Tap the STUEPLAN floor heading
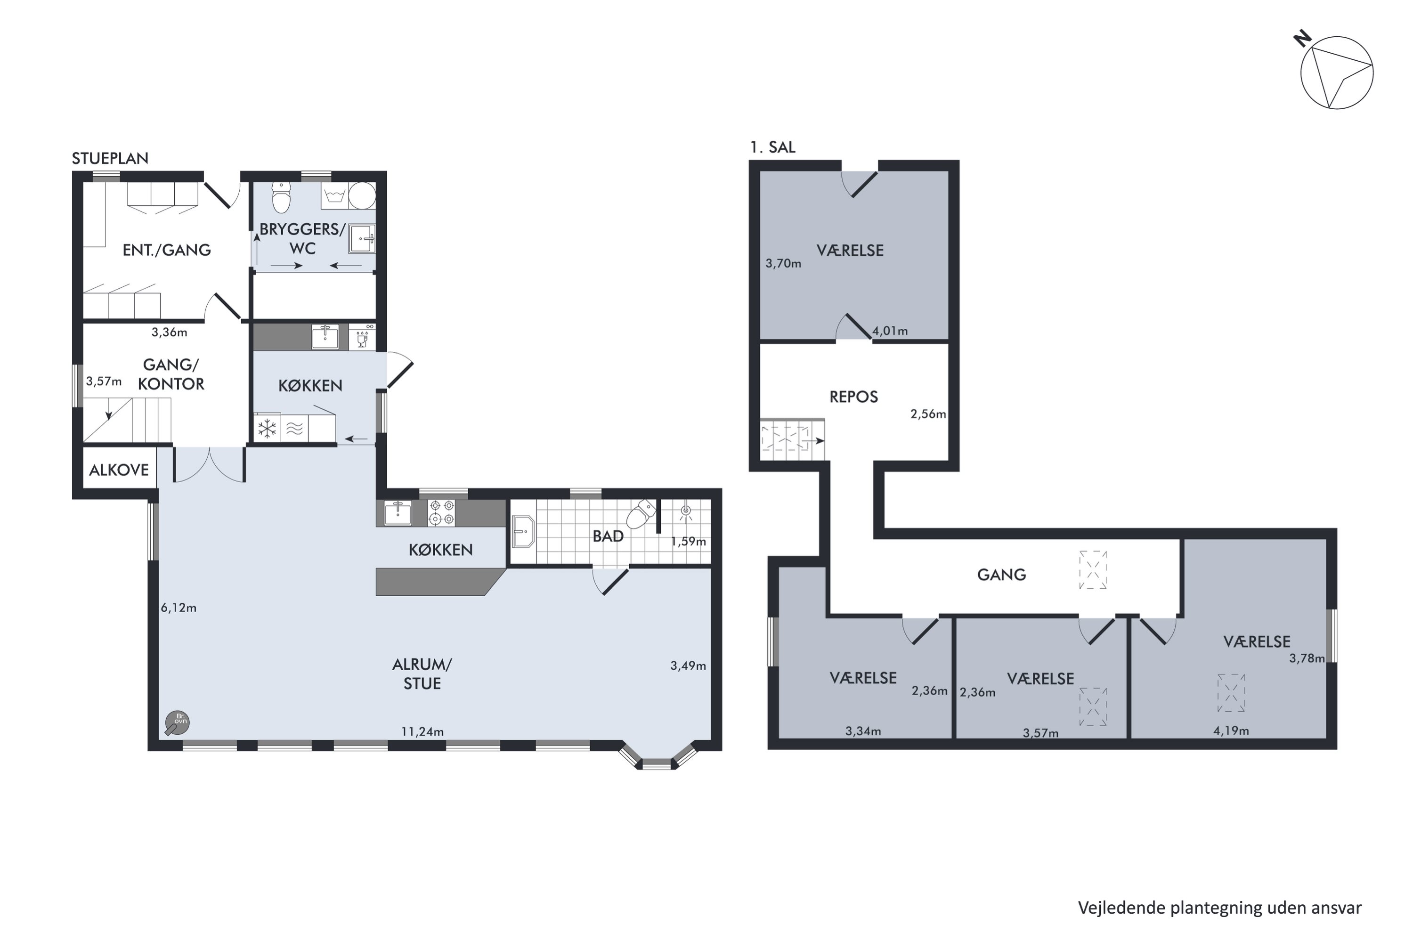110,158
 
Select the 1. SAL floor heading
772,147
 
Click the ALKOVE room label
119,470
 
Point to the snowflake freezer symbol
267,429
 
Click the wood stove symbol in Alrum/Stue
178,723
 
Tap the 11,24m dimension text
422,731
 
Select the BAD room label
608,536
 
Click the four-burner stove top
441,512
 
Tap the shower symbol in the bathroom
686,513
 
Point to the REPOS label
853,397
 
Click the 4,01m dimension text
890,331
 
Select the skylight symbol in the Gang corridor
1093,569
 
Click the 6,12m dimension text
178,608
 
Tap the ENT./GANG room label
167,250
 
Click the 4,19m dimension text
1231,730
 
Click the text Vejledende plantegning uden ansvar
1220,908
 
